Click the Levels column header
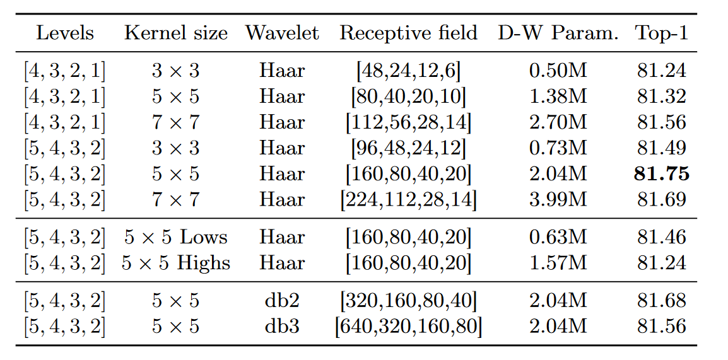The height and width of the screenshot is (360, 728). click(65, 33)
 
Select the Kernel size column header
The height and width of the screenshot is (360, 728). click(175, 33)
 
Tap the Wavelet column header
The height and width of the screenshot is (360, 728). click(282, 33)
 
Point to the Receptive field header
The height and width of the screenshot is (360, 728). click(408, 33)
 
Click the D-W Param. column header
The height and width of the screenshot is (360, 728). click(558, 33)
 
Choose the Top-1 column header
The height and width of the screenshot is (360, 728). click(661, 33)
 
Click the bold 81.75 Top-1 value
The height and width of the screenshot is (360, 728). click(661, 174)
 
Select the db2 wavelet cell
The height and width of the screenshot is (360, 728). click(282, 301)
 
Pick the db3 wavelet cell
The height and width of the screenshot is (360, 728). click(282, 327)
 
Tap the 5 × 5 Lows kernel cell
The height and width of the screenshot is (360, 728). click(175, 238)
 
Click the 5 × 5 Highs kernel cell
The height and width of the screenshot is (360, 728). click(175, 264)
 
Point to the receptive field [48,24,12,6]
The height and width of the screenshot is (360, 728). click(408, 71)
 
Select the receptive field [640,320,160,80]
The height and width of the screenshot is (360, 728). click(408, 327)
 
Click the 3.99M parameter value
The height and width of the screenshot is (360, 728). click(558, 200)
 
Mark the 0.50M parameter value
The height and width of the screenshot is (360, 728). click(558, 71)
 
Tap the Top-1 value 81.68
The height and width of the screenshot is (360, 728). click(661, 301)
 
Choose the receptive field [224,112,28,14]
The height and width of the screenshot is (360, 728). click(408, 200)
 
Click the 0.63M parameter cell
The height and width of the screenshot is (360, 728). click(558, 238)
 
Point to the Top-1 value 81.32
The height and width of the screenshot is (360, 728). click(661, 96)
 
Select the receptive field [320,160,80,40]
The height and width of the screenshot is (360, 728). click(408, 301)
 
